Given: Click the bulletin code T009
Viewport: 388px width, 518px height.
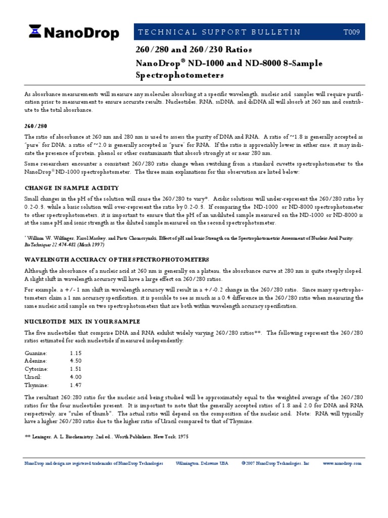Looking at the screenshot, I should click(x=352, y=32).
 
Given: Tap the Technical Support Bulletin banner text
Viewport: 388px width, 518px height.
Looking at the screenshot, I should click(x=219, y=32).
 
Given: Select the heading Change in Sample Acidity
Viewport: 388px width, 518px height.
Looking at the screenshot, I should click(x=72, y=188).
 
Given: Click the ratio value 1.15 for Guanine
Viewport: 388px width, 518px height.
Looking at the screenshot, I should click(x=76, y=353).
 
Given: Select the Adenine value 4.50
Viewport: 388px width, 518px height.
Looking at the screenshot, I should click(x=76, y=361).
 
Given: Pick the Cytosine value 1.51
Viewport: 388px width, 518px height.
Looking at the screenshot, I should click(x=76, y=369).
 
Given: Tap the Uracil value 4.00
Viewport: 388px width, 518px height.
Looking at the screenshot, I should click(x=76, y=377).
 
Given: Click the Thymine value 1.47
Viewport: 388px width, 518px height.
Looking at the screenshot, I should click(x=76, y=385).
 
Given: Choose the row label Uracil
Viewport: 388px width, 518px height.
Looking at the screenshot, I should click(x=33, y=377).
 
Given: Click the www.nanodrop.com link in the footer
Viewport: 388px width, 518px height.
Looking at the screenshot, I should click(x=342, y=463).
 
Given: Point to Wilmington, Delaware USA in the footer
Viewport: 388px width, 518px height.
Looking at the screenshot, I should click(x=202, y=463).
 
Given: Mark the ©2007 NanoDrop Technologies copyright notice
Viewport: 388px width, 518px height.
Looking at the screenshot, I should click(x=275, y=463).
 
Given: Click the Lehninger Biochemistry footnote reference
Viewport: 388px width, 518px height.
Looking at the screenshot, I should click(x=107, y=437).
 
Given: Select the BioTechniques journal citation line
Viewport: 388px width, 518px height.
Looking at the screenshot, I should click(x=64, y=244).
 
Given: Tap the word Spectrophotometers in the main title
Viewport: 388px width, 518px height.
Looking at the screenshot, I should click(x=179, y=75).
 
